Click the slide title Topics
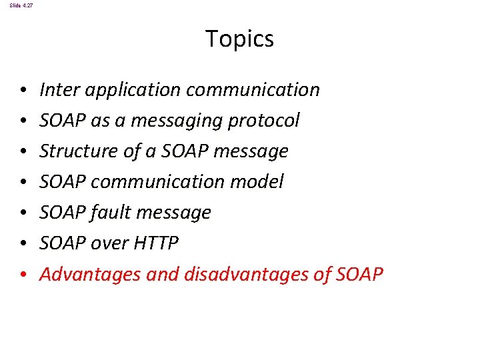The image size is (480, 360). [239, 39]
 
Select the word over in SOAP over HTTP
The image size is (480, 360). [107, 243]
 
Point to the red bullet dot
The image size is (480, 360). [23, 275]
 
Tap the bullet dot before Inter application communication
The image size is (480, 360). [23, 90]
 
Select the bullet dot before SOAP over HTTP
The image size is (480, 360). [23, 244]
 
